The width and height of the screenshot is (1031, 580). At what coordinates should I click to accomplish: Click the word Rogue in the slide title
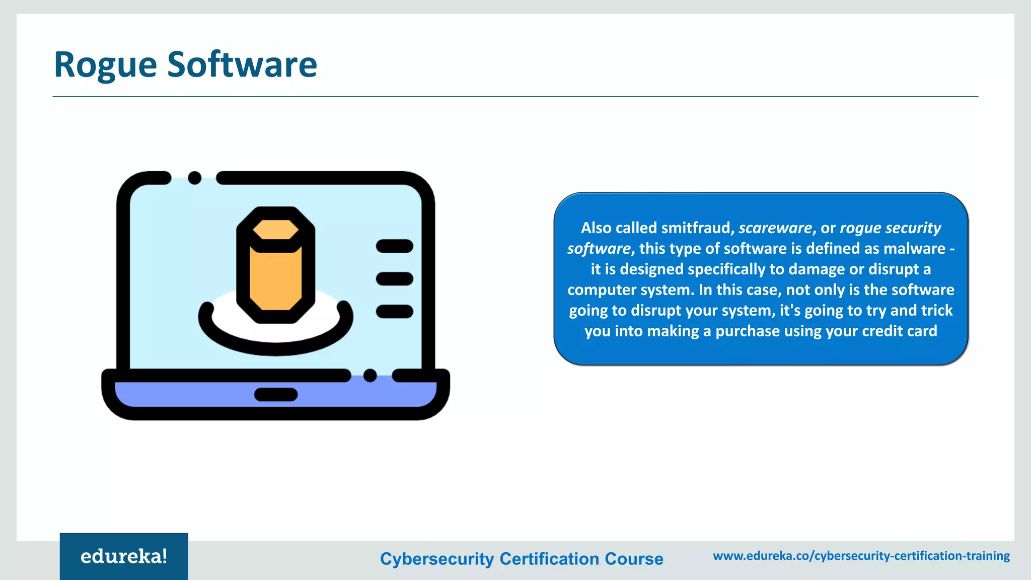(105, 65)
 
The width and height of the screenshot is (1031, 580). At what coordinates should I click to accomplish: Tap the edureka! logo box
(124, 556)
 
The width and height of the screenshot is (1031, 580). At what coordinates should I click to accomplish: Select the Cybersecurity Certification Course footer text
(522, 559)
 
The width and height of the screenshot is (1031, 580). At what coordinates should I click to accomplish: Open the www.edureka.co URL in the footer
(861, 556)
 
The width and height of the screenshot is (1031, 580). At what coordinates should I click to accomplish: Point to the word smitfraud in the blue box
(695, 228)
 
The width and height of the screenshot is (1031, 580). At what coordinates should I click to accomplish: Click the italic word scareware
(775, 228)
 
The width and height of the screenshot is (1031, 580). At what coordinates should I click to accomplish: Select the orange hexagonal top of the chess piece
(275, 230)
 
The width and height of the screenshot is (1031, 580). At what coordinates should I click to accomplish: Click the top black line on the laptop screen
(394, 246)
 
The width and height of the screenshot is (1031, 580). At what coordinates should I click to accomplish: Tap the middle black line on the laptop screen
(394, 278)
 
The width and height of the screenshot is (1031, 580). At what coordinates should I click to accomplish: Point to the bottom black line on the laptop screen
(394, 312)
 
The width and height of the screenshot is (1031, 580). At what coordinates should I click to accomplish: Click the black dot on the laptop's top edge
(195, 178)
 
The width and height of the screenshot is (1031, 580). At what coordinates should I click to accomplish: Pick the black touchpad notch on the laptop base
(276, 395)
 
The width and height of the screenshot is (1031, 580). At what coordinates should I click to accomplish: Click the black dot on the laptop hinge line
(370, 376)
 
